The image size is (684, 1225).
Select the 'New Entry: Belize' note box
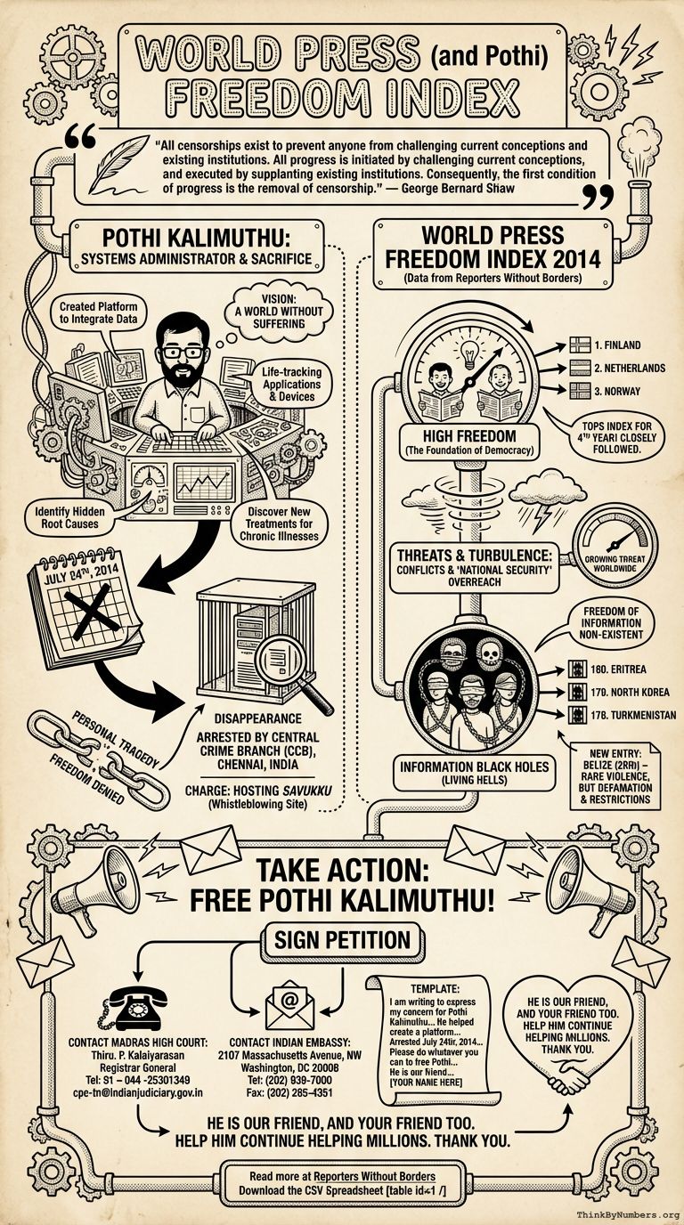[617, 774]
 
